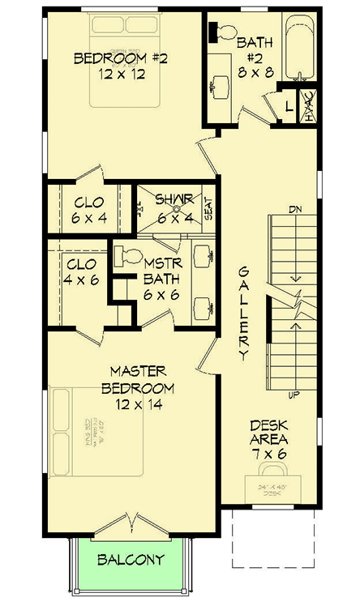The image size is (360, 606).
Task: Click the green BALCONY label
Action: coord(131,559)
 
